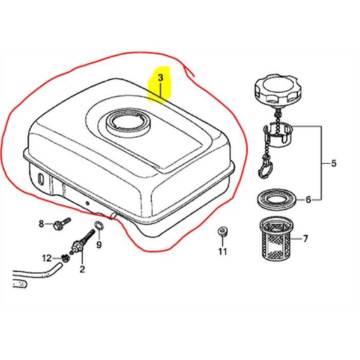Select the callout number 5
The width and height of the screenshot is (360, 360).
pyautogui.click(x=333, y=163)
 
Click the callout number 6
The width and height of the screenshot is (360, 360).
pyautogui.click(x=308, y=200)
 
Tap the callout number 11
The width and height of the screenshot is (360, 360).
pyautogui.click(x=222, y=251)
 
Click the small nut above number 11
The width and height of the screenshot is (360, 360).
pyautogui.click(x=222, y=231)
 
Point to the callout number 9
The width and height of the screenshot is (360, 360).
pyautogui.click(x=99, y=245)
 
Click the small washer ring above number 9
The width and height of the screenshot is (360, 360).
pyautogui.click(x=98, y=225)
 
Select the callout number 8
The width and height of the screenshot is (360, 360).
pyautogui.click(x=41, y=224)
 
